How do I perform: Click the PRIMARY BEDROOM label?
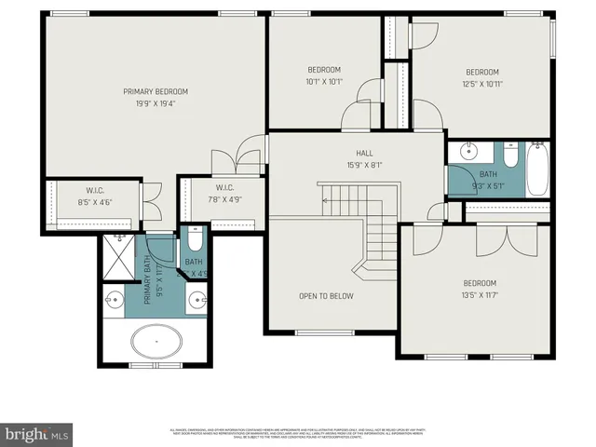[156, 91]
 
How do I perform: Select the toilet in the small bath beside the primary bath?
[193, 244]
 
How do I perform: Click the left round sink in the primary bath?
[115, 299]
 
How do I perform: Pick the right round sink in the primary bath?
[196, 299]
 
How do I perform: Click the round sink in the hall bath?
[469, 152]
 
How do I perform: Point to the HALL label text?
[364, 154]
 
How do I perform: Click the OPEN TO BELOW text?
[326, 296]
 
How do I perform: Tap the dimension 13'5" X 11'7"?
[481, 295]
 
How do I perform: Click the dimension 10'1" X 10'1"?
[324, 82]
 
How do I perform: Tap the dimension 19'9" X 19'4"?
[156, 103]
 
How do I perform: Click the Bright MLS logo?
[37, 433]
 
